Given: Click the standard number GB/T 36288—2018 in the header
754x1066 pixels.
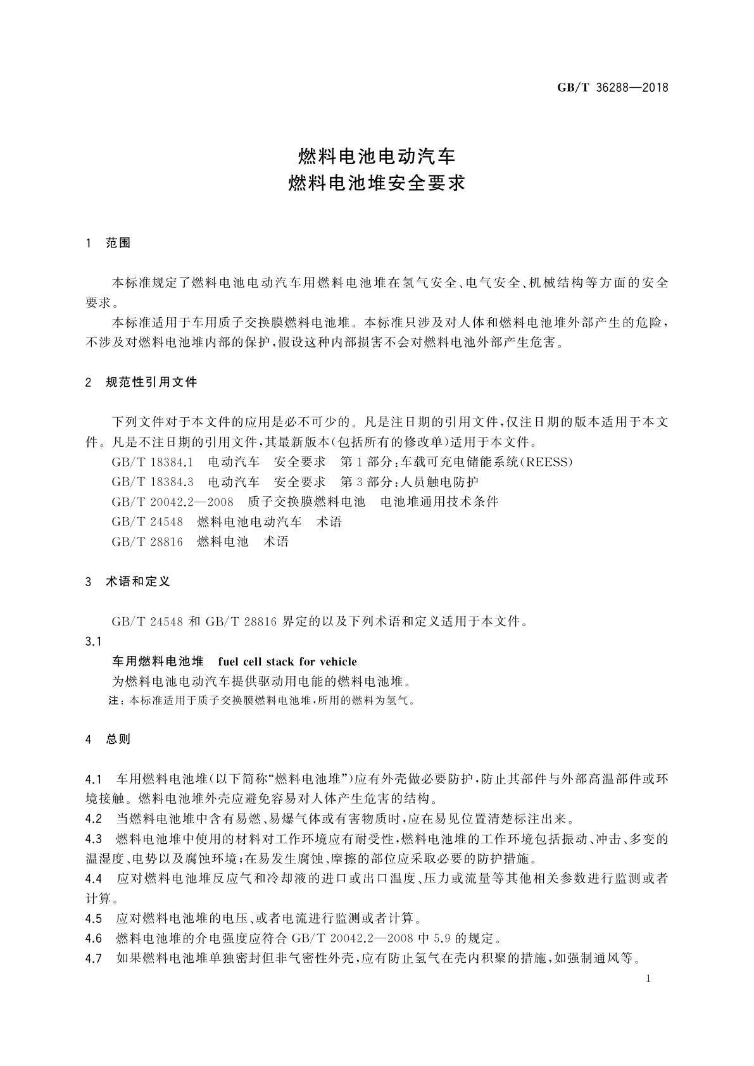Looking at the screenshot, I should coord(612,88).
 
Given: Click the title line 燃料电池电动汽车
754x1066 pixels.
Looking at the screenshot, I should coord(377,155).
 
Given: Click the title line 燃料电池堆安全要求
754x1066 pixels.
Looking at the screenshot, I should coord(377,184).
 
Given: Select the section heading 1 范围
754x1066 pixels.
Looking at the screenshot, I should coord(108,243).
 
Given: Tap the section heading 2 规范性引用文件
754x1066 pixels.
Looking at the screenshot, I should coord(142,382).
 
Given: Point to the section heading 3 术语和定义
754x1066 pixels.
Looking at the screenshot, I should coord(128,581).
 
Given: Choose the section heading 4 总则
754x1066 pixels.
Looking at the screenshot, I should coord(108,739).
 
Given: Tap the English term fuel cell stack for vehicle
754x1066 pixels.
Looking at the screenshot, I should coord(287,662).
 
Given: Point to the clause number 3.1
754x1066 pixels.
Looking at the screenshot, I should coord(94,641).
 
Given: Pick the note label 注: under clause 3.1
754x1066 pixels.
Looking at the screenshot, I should coord(117,701).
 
